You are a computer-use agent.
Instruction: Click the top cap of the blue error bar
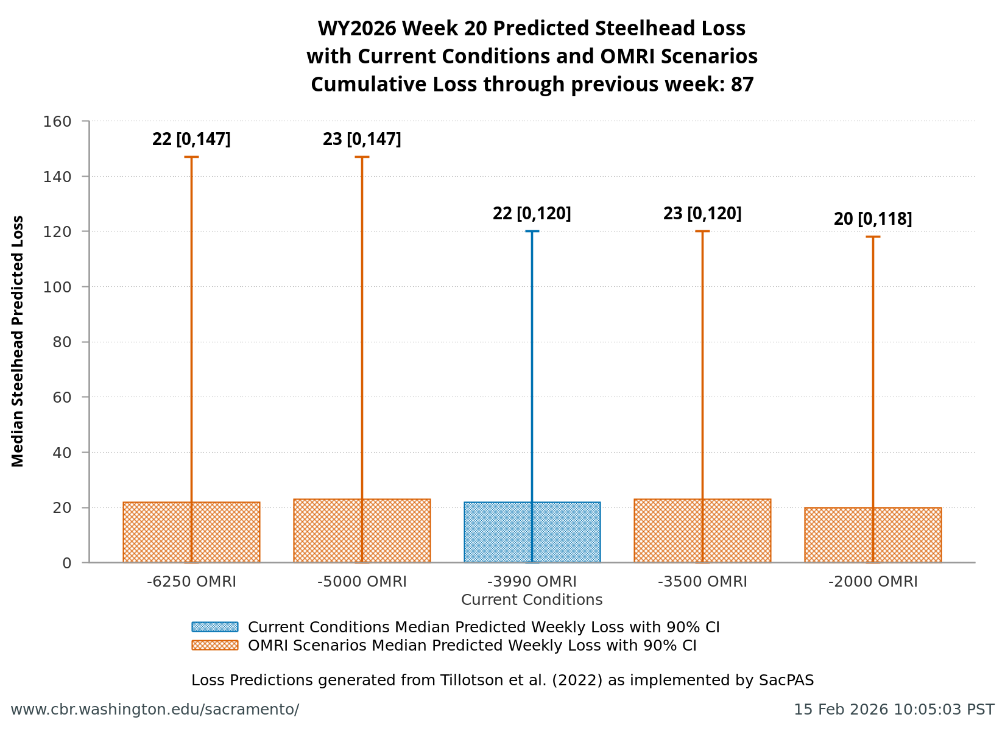point(532,231)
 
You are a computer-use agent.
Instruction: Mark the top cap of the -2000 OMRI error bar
point(872,236)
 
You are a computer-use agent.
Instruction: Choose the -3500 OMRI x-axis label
point(702,582)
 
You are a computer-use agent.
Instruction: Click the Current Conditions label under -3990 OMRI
point(532,600)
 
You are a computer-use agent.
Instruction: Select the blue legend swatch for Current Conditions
point(214,627)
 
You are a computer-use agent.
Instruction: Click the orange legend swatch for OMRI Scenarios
point(214,645)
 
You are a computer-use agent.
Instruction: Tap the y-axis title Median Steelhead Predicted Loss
point(18,341)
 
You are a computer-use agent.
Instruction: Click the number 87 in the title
point(742,84)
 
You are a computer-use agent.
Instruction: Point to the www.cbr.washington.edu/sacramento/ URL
point(155,710)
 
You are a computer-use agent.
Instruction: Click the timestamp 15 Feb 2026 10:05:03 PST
point(894,710)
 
